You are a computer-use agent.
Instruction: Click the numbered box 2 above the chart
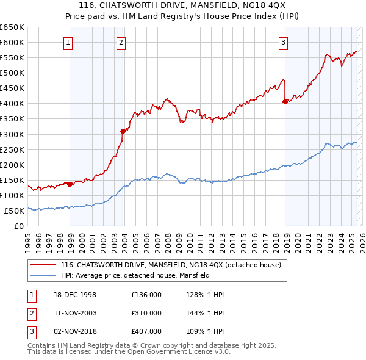click(x=121, y=42)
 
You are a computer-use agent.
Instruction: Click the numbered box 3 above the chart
click(x=284, y=42)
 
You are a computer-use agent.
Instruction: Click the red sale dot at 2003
click(x=123, y=131)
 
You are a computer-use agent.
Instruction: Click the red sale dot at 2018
click(x=285, y=101)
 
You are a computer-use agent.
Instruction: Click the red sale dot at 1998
click(x=70, y=184)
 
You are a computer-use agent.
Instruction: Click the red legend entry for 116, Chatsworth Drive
click(x=171, y=265)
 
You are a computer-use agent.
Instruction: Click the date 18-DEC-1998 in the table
click(x=75, y=295)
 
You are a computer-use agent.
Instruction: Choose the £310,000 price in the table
click(x=146, y=313)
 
